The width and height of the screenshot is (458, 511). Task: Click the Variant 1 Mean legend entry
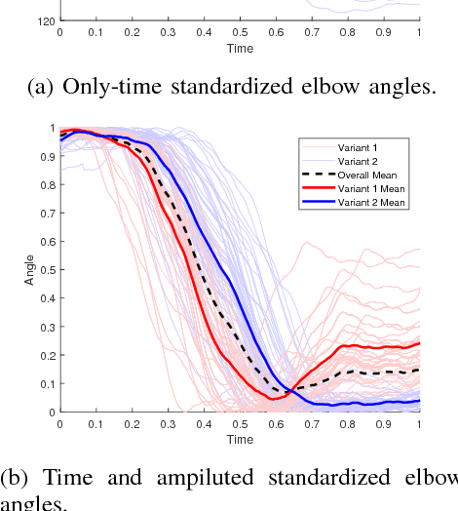coord(369,188)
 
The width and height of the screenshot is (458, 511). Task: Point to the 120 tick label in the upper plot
coord(46,20)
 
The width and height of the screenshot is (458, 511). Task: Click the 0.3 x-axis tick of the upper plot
coord(169,32)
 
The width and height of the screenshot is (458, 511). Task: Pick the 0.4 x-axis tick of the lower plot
coord(204,425)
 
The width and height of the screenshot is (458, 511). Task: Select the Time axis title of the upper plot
coord(240,47)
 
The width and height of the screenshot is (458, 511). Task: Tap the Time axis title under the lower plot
coord(240,439)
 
